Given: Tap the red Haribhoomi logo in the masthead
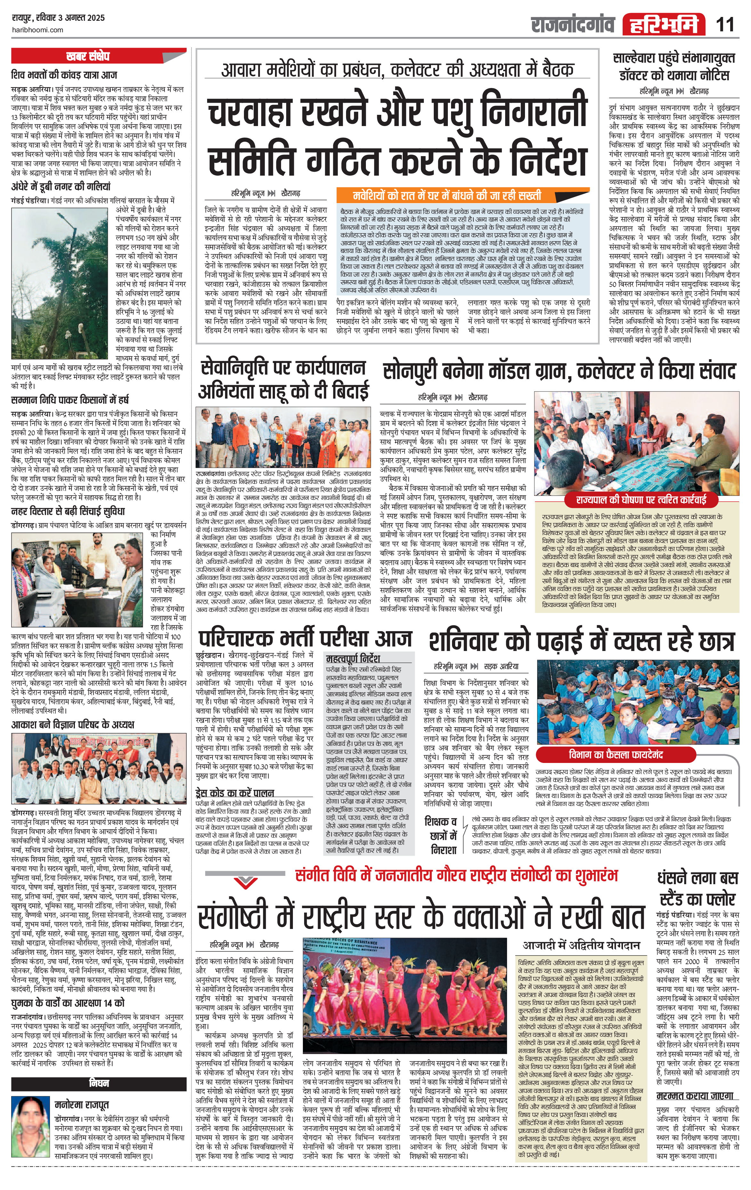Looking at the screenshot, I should [x=664, y=24].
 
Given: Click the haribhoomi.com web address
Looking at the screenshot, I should [x=37, y=30].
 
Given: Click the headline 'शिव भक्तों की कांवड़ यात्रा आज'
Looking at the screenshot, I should [x=64, y=75].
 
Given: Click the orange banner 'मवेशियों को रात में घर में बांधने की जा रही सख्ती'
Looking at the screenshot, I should [x=463, y=195].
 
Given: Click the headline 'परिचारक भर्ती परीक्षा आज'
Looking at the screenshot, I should [x=304, y=638].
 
